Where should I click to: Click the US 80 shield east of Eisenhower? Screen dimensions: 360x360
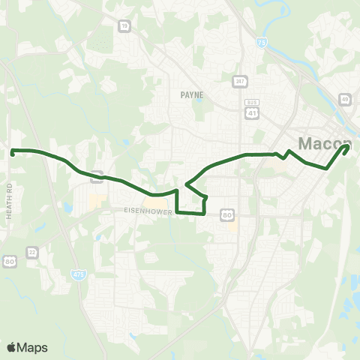(226, 215)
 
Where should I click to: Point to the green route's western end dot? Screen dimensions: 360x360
(13, 152)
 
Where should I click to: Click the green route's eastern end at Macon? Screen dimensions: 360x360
(347, 147)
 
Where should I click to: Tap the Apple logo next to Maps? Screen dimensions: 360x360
(11, 347)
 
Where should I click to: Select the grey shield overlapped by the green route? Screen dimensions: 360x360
(97, 178)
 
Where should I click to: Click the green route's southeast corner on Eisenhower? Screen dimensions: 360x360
(204, 213)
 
